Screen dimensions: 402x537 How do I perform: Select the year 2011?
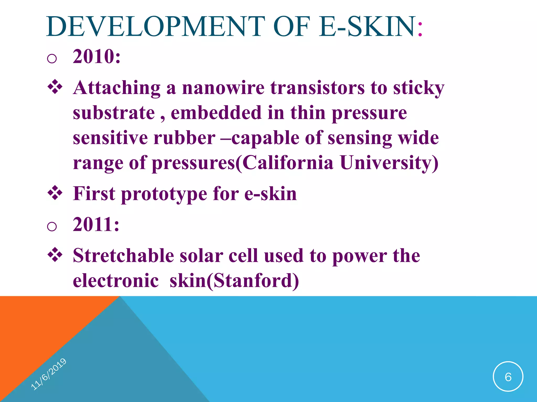pos(96,224)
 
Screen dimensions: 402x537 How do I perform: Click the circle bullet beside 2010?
pos(52,58)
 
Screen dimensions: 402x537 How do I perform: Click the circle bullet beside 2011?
pos(52,226)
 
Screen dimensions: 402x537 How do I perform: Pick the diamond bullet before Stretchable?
pos(55,255)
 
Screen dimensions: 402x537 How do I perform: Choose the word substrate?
pos(114,113)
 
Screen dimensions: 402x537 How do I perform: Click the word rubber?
pos(184,138)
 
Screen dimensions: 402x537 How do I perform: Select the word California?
pos(288,163)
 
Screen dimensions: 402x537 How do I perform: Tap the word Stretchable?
pos(123,255)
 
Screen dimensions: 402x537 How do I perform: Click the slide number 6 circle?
pos(508,377)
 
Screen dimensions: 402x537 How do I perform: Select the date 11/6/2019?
pos(49,374)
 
